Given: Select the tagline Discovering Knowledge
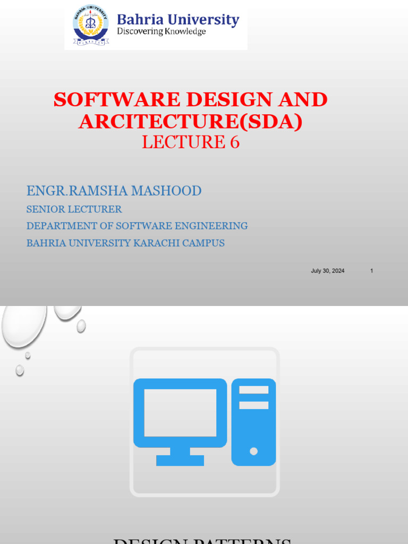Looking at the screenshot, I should click(x=161, y=32).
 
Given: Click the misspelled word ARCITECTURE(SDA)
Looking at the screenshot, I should click(x=191, y=121).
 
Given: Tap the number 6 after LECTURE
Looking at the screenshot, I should click(x=234, y=142).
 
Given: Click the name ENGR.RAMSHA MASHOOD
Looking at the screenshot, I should click(x=114, y=191).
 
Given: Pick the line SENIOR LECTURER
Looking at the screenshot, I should click(x=74, y=209).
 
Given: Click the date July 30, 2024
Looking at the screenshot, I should click(x=327, y=271).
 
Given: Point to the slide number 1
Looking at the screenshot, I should click(x=372, y=271).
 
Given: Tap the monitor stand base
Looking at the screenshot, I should click(x=180, y=460).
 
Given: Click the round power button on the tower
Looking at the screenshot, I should click(x=254, y=451).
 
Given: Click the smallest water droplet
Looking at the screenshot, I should click(x=28, y=355).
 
